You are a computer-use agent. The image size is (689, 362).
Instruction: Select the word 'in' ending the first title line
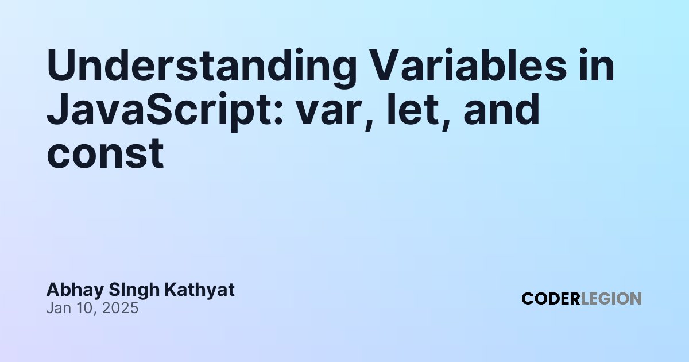click(597, 66)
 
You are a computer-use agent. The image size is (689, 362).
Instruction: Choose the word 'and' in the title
click(501, 110)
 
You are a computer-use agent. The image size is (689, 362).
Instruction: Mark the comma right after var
click(369, 123)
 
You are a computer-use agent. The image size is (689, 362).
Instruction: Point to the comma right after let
click(446, 123)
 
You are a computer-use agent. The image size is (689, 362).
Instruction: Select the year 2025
click(120, 308)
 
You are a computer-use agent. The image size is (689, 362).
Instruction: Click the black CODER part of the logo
click(551, 299)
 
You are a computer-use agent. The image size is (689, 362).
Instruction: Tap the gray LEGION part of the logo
click(611, 299)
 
